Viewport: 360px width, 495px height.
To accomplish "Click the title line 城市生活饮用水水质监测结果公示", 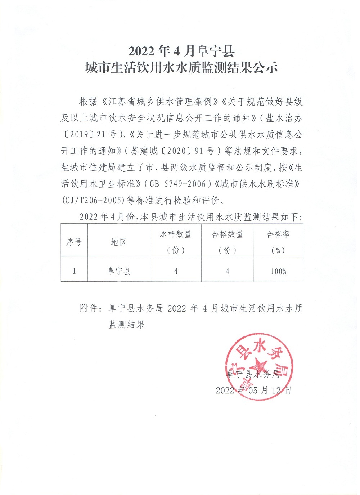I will coord(181,68).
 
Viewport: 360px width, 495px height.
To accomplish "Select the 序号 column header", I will coord(74,242).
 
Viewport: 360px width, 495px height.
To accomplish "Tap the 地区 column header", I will coord(119,242).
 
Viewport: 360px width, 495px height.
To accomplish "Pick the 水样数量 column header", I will coord(176,235).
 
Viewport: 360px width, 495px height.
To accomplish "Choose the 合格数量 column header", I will coord(227,235).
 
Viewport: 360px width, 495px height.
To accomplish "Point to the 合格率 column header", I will coord(278,235).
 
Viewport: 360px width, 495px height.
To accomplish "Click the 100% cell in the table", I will coord(278,271).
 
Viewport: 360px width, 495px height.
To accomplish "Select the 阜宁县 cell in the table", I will coord(119,271).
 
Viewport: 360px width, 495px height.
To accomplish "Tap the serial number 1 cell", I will coord(74,271).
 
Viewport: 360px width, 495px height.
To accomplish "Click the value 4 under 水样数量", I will coord(176,271).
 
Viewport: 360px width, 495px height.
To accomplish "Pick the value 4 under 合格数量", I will coord(227,271).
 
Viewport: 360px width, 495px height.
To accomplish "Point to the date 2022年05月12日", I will coord(253,390).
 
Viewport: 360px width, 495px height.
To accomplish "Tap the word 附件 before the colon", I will coord(89,308).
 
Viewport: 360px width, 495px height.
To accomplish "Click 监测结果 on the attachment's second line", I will coord(127,325).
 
